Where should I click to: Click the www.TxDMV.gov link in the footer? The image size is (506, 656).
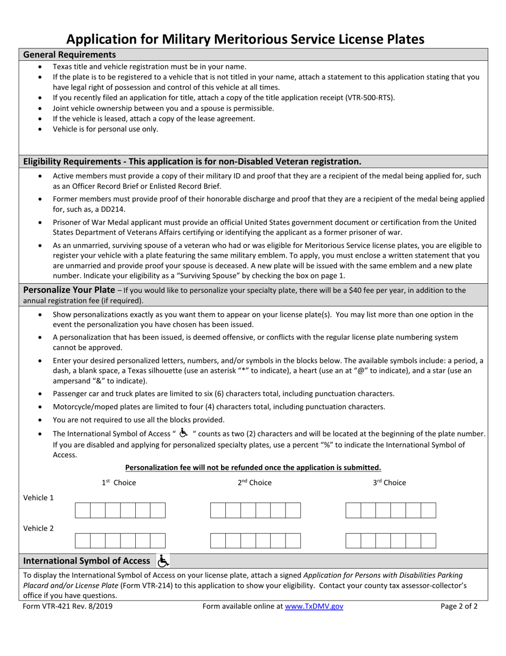pyautogui.click(x=314, y=606)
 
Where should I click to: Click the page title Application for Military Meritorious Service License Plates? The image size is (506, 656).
pyautogui.click(x=246, y=39)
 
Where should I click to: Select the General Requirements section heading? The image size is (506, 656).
pyautogui.click(x=69, y=54)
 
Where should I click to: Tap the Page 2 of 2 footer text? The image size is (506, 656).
pyautogui.click(x=459, y=606)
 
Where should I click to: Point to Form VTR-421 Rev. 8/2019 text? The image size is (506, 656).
pyautogui.click(x=68, y=606)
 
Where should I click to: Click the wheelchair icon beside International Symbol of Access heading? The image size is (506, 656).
pyautogui.click(x=163, y=561)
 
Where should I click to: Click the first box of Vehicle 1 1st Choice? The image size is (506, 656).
pyautogui.click(x=83, y=510)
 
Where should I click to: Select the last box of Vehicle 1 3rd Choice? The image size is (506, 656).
pyautogui.click(x=428, y=510)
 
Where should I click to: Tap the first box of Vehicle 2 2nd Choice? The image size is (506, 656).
pyautogui.click(x=218, y=541)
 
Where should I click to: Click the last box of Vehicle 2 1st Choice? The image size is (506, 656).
pyautogui.click(x=158, y=541)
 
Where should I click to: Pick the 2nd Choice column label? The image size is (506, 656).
pyautogui.click(x=254, y=483)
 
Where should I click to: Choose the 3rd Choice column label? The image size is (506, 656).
pyautogui.click(x=389, y=483)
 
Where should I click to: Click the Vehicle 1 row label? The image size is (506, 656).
pyautogui.click(x=38, y=498)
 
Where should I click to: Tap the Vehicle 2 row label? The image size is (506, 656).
pyautogui.click(x=38, y=528)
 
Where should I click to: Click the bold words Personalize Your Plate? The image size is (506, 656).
pyautogui.click(x=69, y=290)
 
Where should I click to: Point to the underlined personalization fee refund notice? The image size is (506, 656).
pyautogui.click(x=253, y=468)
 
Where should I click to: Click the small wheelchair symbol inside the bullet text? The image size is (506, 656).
pyautogui.click(x=183, y=433)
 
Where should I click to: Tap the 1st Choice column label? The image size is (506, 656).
pyautogui.click(x=119, y=483)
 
